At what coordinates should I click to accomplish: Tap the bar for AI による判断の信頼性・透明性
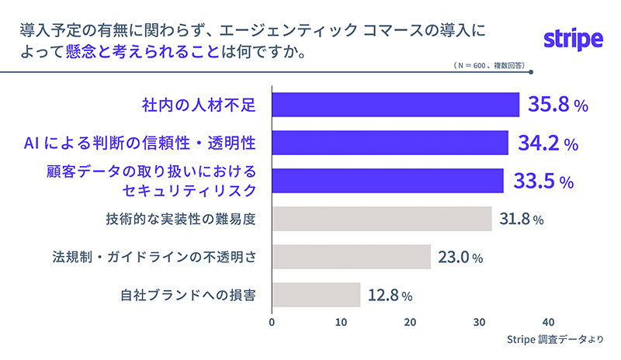click(390, 144)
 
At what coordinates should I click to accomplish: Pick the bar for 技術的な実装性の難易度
click(382, 219)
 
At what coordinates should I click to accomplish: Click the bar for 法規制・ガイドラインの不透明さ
click(351, 257)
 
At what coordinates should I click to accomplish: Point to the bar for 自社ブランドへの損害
click(316, 295)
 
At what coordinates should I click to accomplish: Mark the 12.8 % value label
click(390, 296)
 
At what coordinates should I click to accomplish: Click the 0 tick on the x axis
click(272, 322)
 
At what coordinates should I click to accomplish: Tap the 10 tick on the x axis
click(342, 322)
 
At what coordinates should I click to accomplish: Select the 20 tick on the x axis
click(411, 322)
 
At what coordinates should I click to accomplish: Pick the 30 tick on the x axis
click(480, 322)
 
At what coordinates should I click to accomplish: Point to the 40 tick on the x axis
click(549, 322)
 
